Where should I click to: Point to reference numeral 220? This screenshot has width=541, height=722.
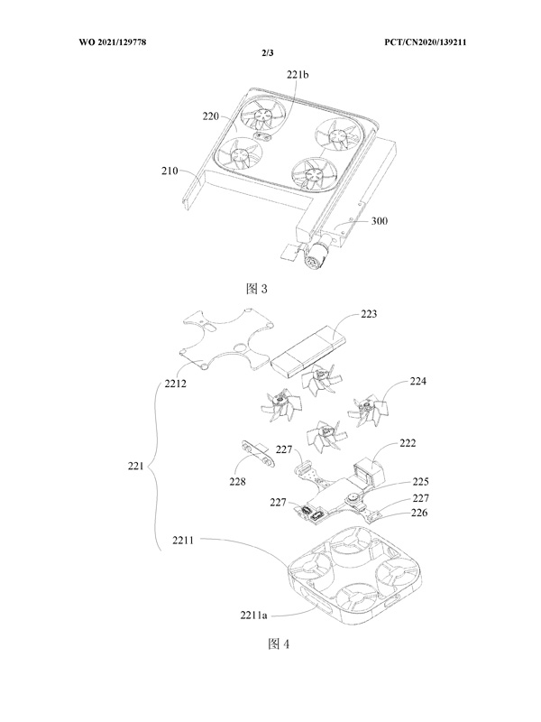pyautogui.click(x=213, y=116)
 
